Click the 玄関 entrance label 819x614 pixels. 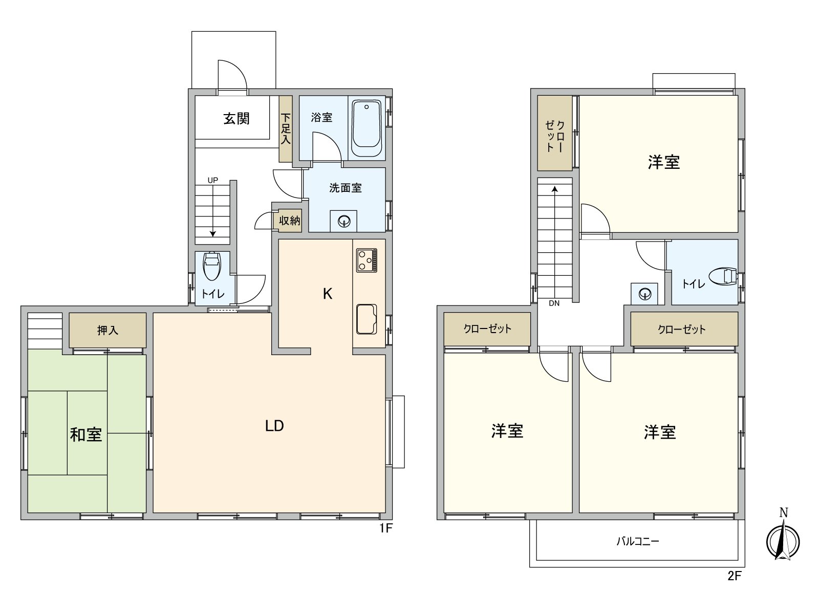pos(236,119)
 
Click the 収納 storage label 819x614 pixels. pos(290,221)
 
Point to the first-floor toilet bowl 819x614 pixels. pos(212,266)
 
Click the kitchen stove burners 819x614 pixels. pos(367,260)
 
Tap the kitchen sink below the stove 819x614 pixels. pos(366,319)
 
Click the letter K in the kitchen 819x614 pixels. pos(328,294)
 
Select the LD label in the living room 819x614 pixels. pos(274,426)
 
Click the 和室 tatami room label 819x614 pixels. pos(86,435)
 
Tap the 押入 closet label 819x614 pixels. pos(107,331)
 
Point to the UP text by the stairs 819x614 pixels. pos(213,180)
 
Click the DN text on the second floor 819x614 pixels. pos(554,303)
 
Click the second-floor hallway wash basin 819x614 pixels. pos(644,294)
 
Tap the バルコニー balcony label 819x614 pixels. pos(637,541)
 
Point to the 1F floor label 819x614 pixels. pos(385,529)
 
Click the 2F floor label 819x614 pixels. pos(735,576)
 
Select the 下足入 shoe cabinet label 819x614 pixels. pos(286,128)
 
